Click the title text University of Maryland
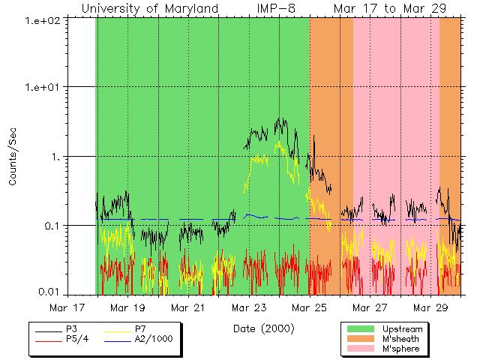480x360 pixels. (x=150, y=9)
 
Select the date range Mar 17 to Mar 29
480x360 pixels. (x=389, y=9)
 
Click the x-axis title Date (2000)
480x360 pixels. (x=263, y=328)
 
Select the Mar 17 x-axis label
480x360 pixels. (x=67, y=307)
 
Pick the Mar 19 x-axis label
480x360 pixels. (x=128, y=307)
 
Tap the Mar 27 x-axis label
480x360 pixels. (x=370, y=307)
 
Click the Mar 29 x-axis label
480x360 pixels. (x=430, y=307)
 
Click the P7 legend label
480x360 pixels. (x=140, y=329)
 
